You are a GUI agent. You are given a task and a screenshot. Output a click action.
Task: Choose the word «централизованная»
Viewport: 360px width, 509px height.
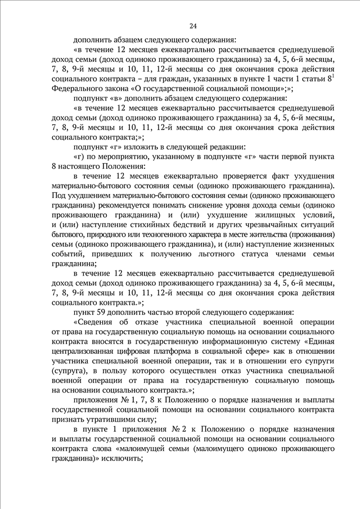coord(87,351)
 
